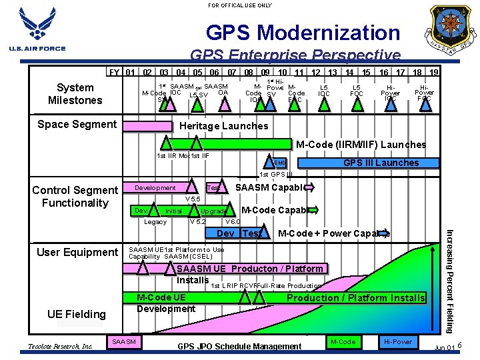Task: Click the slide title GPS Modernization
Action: pyautogui.click(x=303, y=32)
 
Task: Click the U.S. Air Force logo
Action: pyautogui.click(x=37, y=31)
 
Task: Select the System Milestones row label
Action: pyautogui.click(x=75, y=94)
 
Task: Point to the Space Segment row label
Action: pyautogui.click(x=77, y=124)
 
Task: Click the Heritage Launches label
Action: pyautogui.click(x=224, y=126)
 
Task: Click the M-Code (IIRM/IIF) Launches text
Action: pyautogui.click(x=361, y=145)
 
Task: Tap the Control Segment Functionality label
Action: pyautogui.click(x=75, y=197)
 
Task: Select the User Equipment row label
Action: pyautogui.click(x=77, y=252)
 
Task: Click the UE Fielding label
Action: pyautogui.click(x=76, y=314)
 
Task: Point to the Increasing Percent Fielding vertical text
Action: pyautogui.click(x=450, y=280)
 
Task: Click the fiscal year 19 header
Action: pyautogui.click(x=434, y=72)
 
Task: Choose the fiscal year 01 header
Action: pyautogui.click(x=131, y=72)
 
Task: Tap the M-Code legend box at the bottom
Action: pyautogui.click(x=343, y=341)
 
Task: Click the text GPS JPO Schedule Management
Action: pyautogui.click(x=239, y=347)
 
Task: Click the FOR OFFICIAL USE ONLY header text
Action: pyautogui.click(x=240, y=5)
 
